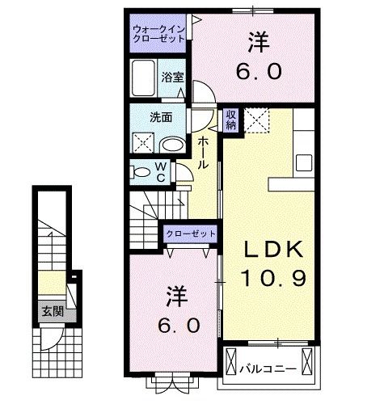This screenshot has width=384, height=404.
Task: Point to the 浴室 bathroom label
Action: (171, 78)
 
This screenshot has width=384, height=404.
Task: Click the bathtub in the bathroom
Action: (145, 78)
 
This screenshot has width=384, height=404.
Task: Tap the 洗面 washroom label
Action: (160, 116)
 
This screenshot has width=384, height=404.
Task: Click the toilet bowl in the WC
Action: (141, 170)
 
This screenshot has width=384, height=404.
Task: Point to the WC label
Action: (160, 171)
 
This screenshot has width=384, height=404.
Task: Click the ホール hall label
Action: (203, 151)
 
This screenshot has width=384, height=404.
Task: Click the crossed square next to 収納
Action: (257, 120)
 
